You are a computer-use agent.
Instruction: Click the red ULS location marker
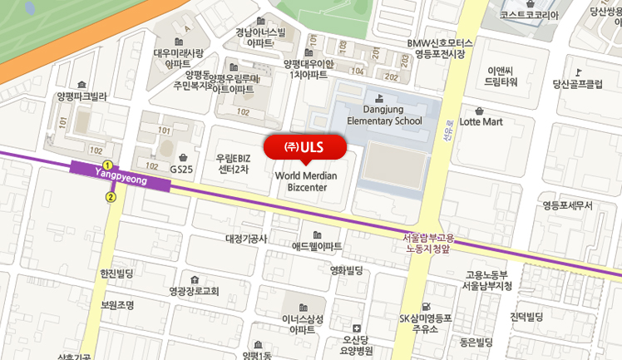click(304, 146)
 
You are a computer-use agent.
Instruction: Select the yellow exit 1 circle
click(107, 165)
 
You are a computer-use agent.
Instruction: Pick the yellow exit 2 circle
click(111, 197)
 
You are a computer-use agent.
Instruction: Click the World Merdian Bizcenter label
click(304, 181)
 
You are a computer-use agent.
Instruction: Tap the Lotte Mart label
click(481, 121)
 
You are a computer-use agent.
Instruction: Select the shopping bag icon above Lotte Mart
click(480, 109)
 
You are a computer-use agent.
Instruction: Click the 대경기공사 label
click(246, 239)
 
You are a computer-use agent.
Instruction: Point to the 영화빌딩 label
click(347, 270)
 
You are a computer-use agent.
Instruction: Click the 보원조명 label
click(117, 304)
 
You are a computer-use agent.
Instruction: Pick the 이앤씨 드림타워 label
click(502, 76)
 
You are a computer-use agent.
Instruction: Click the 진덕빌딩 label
click(526, 317)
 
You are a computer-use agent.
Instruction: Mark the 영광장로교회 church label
click(193, 291)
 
